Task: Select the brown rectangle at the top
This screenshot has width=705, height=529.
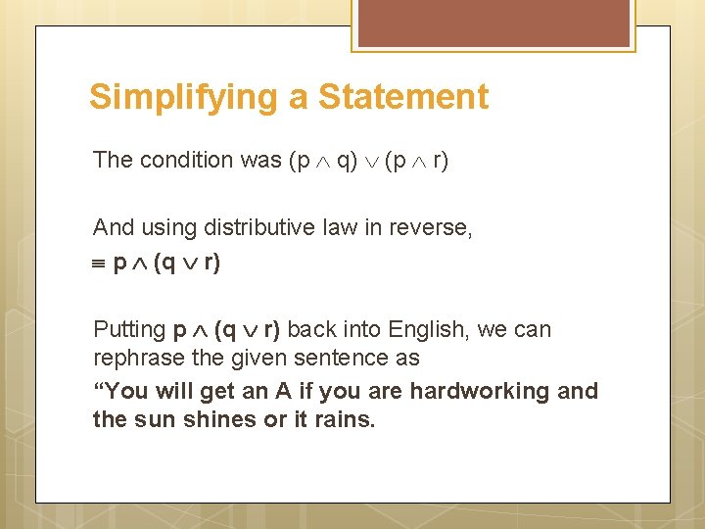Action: click(494, 24)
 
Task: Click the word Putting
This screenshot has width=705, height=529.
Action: click(129, 330)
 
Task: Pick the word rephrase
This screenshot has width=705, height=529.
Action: click(133, 359)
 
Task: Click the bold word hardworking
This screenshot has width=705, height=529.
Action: click(481, 391)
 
